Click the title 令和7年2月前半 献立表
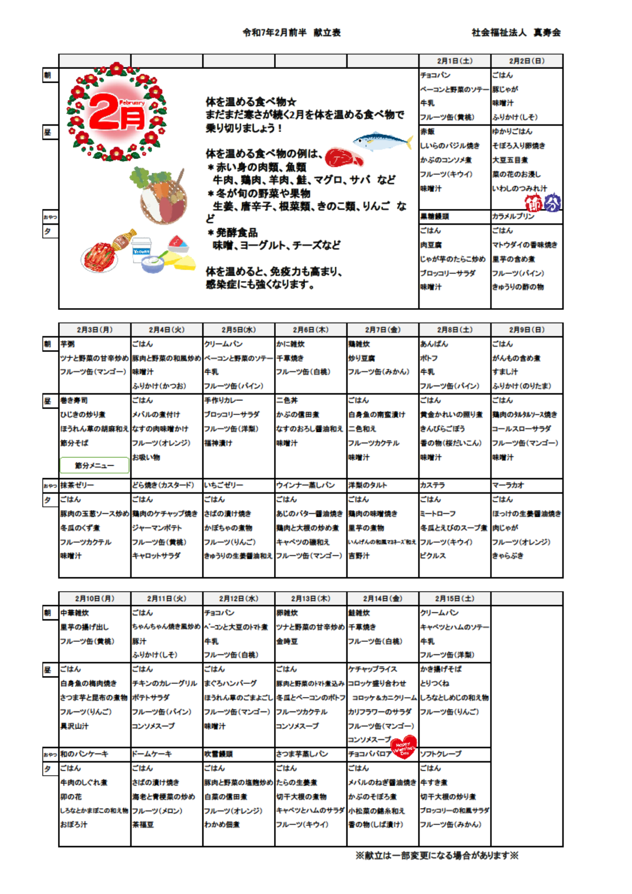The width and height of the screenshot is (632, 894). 291,32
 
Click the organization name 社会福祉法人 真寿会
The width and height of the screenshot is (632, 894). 516,32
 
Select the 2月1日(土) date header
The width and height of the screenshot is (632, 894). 454,61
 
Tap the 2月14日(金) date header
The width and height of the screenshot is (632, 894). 382,598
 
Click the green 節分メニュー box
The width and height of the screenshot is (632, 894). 95,465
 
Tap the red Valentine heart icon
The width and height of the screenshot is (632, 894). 404,747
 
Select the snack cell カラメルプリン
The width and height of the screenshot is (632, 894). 513,216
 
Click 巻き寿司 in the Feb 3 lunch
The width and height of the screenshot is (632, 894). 74,400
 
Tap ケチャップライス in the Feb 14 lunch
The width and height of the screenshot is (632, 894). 372,669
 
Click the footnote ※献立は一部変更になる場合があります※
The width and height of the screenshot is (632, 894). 437,855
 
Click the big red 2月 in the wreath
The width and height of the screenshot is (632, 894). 116,112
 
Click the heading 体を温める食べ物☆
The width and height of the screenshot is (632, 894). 251,101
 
